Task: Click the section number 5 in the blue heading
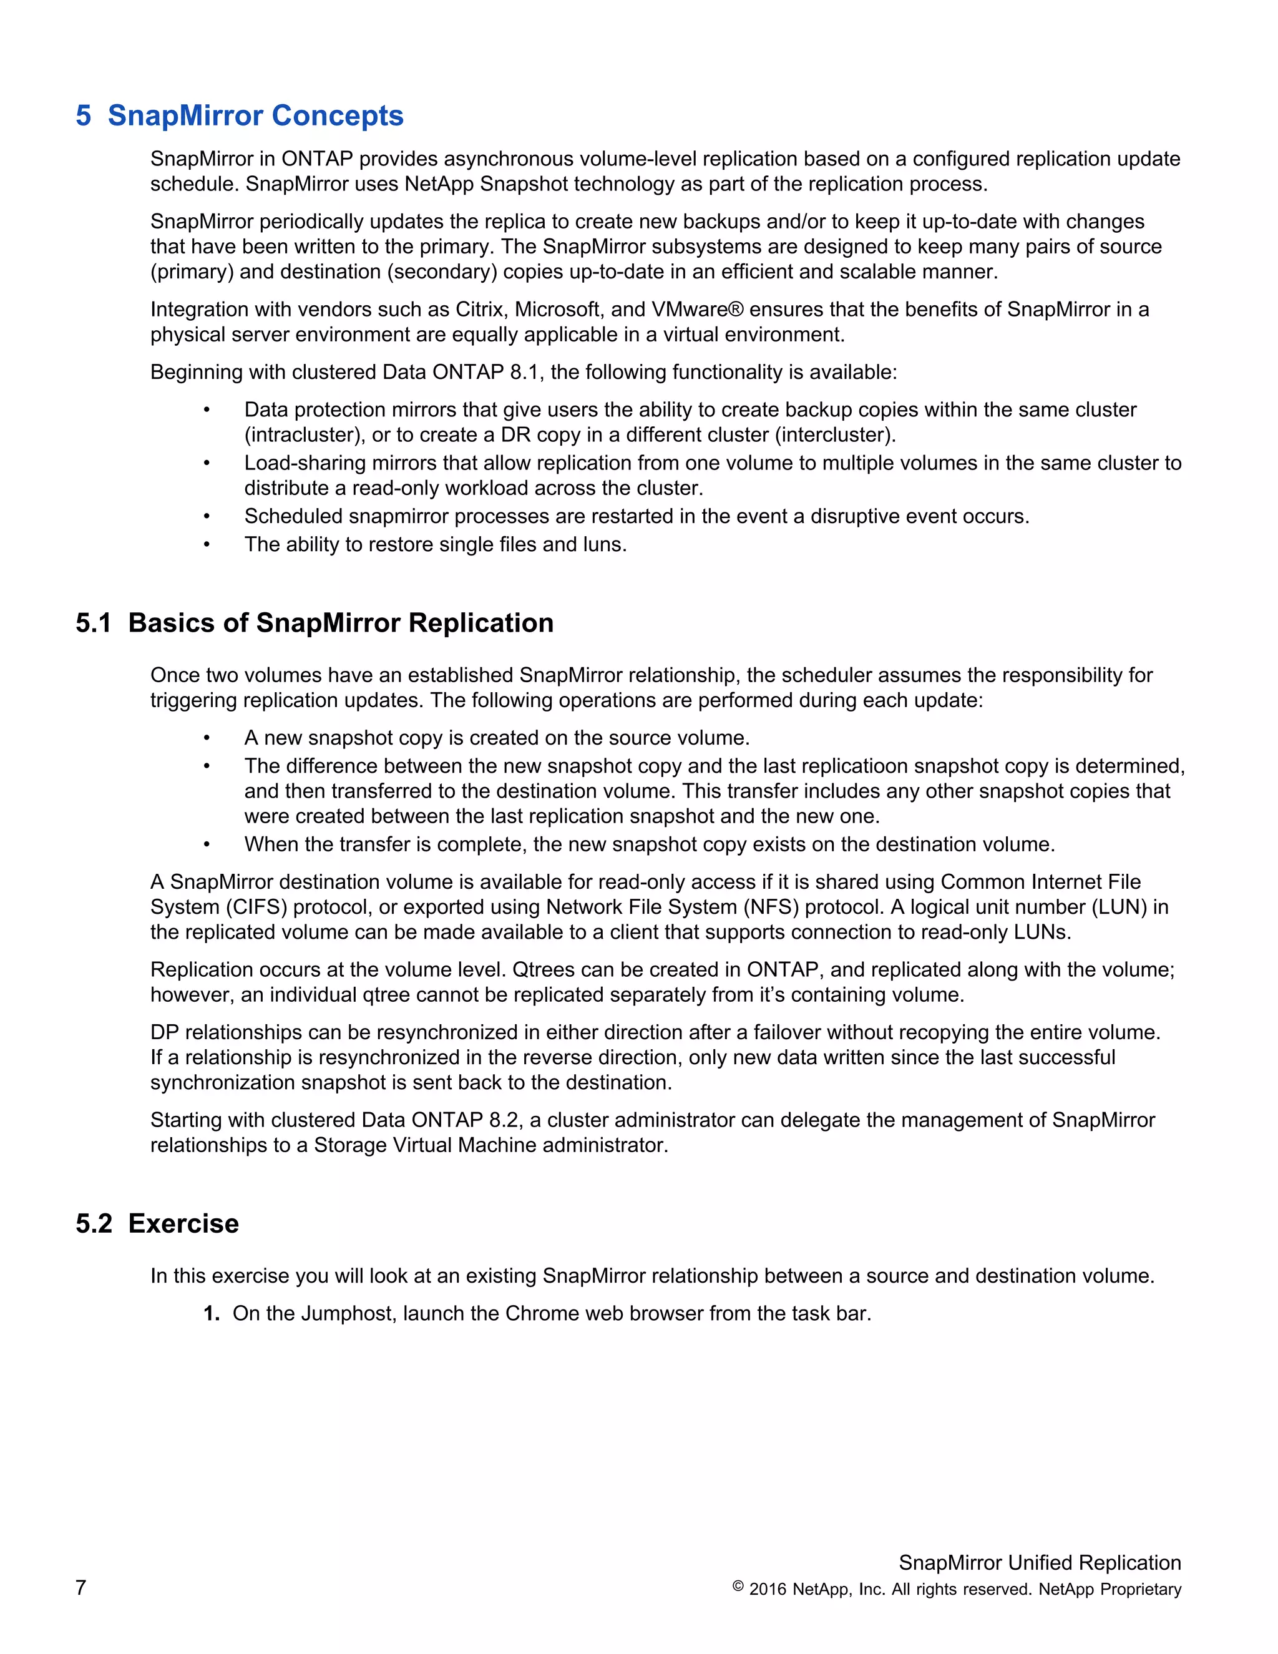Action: pyautogui.click(x=83, y=116)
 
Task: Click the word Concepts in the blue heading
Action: pyautogui.click(x=338, y=116)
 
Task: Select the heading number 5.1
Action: pyautogui.click(x=93, y=624)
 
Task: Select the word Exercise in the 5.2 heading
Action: pyautogui.click(x=183, y=1224)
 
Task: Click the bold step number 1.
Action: pyautogui.click(x=212, y=1314)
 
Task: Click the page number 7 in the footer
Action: pyautogui.click(x=81, y=1587)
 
